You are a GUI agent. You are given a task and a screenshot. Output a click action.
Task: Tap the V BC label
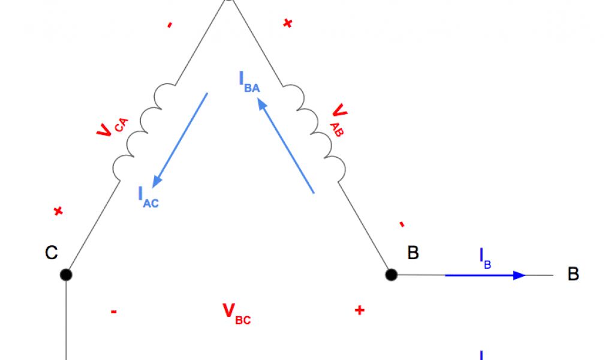click(x=236, y=313)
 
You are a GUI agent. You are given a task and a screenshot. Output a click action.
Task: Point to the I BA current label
click(x=249, y=82)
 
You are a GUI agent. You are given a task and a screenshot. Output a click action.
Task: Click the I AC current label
click(x=148, y=197)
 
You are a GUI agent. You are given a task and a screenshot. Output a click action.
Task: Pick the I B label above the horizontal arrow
click(x=485, y=258)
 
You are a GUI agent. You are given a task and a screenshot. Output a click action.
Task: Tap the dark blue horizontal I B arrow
click(x=485, y=275)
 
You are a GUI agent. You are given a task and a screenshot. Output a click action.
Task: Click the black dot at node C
click(x=66, y=275)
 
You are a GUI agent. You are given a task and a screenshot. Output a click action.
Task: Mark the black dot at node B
click(x=391, y=275)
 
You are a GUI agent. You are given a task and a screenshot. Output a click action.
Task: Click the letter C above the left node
click(x=52, y=253)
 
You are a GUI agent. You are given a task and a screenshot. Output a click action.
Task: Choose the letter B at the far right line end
click(x=573, y=275)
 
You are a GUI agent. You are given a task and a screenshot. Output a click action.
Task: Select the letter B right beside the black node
click(x=413, y=253)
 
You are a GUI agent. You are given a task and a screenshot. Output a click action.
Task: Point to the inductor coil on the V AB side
click(x=315, y=131)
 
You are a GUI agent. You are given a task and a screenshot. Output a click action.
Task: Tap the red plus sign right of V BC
click(x=359, y=310)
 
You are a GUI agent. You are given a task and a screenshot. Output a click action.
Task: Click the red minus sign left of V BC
click(x=113, y=311)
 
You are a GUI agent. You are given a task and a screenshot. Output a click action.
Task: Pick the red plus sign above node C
click(x=58, y=211)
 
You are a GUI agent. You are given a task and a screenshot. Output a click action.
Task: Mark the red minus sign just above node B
click(x=401, y=225)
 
